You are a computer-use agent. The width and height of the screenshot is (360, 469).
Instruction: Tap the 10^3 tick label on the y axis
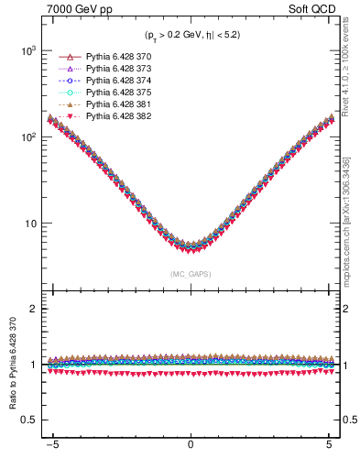(x=27, y=51)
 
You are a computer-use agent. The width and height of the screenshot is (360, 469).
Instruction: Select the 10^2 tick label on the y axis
(x=27, y=137)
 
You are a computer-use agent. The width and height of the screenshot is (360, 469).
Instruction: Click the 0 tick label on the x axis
(x=191, y=451)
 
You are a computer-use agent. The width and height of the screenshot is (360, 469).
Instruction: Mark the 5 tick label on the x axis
(x=329, y=451)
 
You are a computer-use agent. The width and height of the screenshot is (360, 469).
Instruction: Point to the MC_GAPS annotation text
(x=190, y=274)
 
